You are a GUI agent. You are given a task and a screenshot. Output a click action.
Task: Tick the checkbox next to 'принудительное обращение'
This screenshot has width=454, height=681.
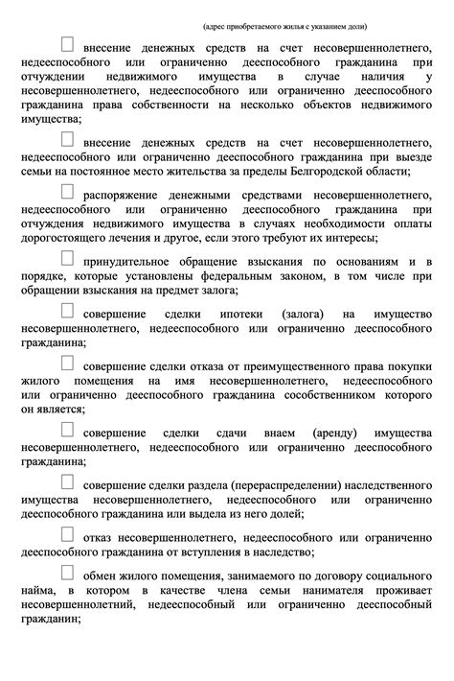click(x=68, y=258)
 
